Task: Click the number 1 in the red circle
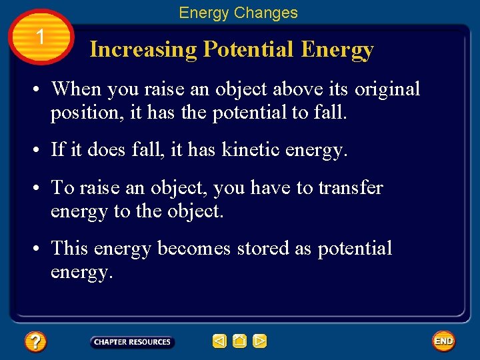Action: point(41,37)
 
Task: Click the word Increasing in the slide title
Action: point(143,50)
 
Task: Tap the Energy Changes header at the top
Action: point(238,13)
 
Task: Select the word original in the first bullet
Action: point(387,89)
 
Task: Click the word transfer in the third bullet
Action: point(350,188)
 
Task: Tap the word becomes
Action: point(194,249)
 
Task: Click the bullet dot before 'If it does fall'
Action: point(41,151)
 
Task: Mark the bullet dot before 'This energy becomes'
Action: point(41,249)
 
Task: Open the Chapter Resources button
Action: point(132,342)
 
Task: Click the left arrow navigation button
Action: point(219,342)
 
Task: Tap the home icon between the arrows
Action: point(239,342)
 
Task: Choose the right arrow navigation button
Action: point(260,342)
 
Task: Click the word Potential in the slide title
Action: point(248,50)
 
